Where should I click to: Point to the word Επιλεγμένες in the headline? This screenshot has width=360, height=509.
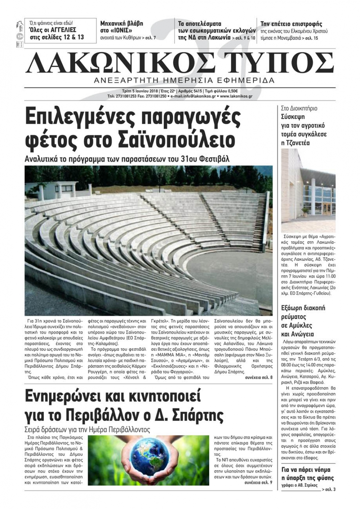click(81, 117)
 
